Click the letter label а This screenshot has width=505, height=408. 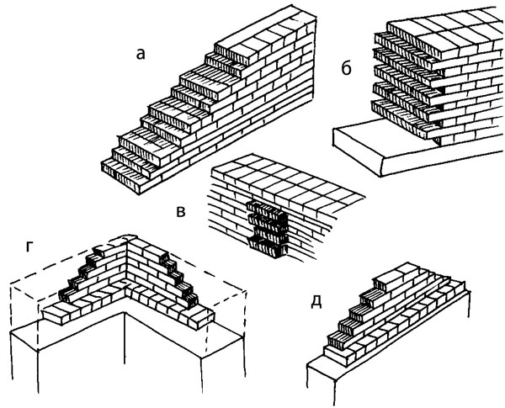click(141, 54)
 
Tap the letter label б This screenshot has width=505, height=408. click(346, 68)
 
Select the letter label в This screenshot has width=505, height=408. click(181, 211)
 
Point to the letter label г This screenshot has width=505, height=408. click(29, 246)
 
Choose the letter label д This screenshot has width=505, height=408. click(316, 302)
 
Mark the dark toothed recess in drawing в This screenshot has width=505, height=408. click(267, 229)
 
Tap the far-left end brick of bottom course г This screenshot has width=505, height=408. click(56, 313)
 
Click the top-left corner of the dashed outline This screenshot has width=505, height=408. click(11, 284)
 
